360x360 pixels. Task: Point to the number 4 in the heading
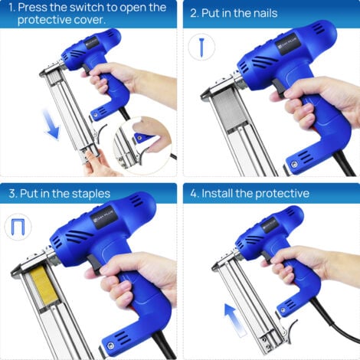click(194, 194)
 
